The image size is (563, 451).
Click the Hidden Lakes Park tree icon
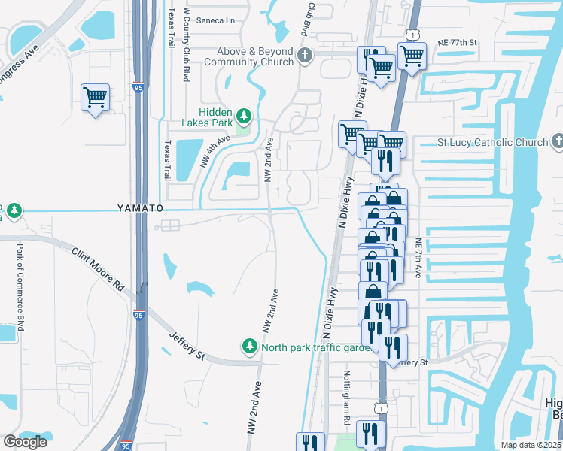pyautogui.click(x=243, y=115)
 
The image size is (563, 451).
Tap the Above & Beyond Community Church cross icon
pyautogui.click(x=305, y=56)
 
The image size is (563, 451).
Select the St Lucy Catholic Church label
pyautogui.click(x=493, y=142)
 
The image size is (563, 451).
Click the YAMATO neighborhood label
pyautogui.click(x=139, y=207)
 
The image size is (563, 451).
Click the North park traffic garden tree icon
pyautogui.click(x=249, y=347)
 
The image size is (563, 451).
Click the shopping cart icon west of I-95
pyautogui.click(x=95, y=97)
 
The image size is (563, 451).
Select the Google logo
pyautogui.click(x=25, y=442)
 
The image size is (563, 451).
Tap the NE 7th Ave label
pyautogui.click(x=418, y=259)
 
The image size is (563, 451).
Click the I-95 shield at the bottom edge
pyautogui.click(x=125, y=446)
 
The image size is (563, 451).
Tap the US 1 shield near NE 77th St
pyautogui.click(x=412, y=35)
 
